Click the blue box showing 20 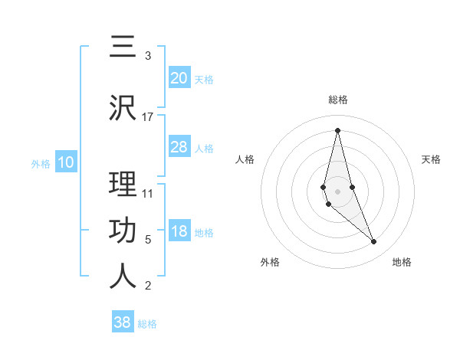click(179, 78)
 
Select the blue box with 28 click(179, 147)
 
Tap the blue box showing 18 click(179, 232)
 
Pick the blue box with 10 click(65, 162)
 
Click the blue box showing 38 click(123, 322)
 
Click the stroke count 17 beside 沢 click(148, 117)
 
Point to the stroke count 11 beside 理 click(148, 194)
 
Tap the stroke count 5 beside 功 click(148, 240)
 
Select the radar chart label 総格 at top click(337, 100)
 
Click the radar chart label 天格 click(431, 159)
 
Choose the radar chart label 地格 click(402, 262)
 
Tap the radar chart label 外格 click(270, 262)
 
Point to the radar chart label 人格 click(245, 159)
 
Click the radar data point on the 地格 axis click(374, 242)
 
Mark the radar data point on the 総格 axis click(337, 129)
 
